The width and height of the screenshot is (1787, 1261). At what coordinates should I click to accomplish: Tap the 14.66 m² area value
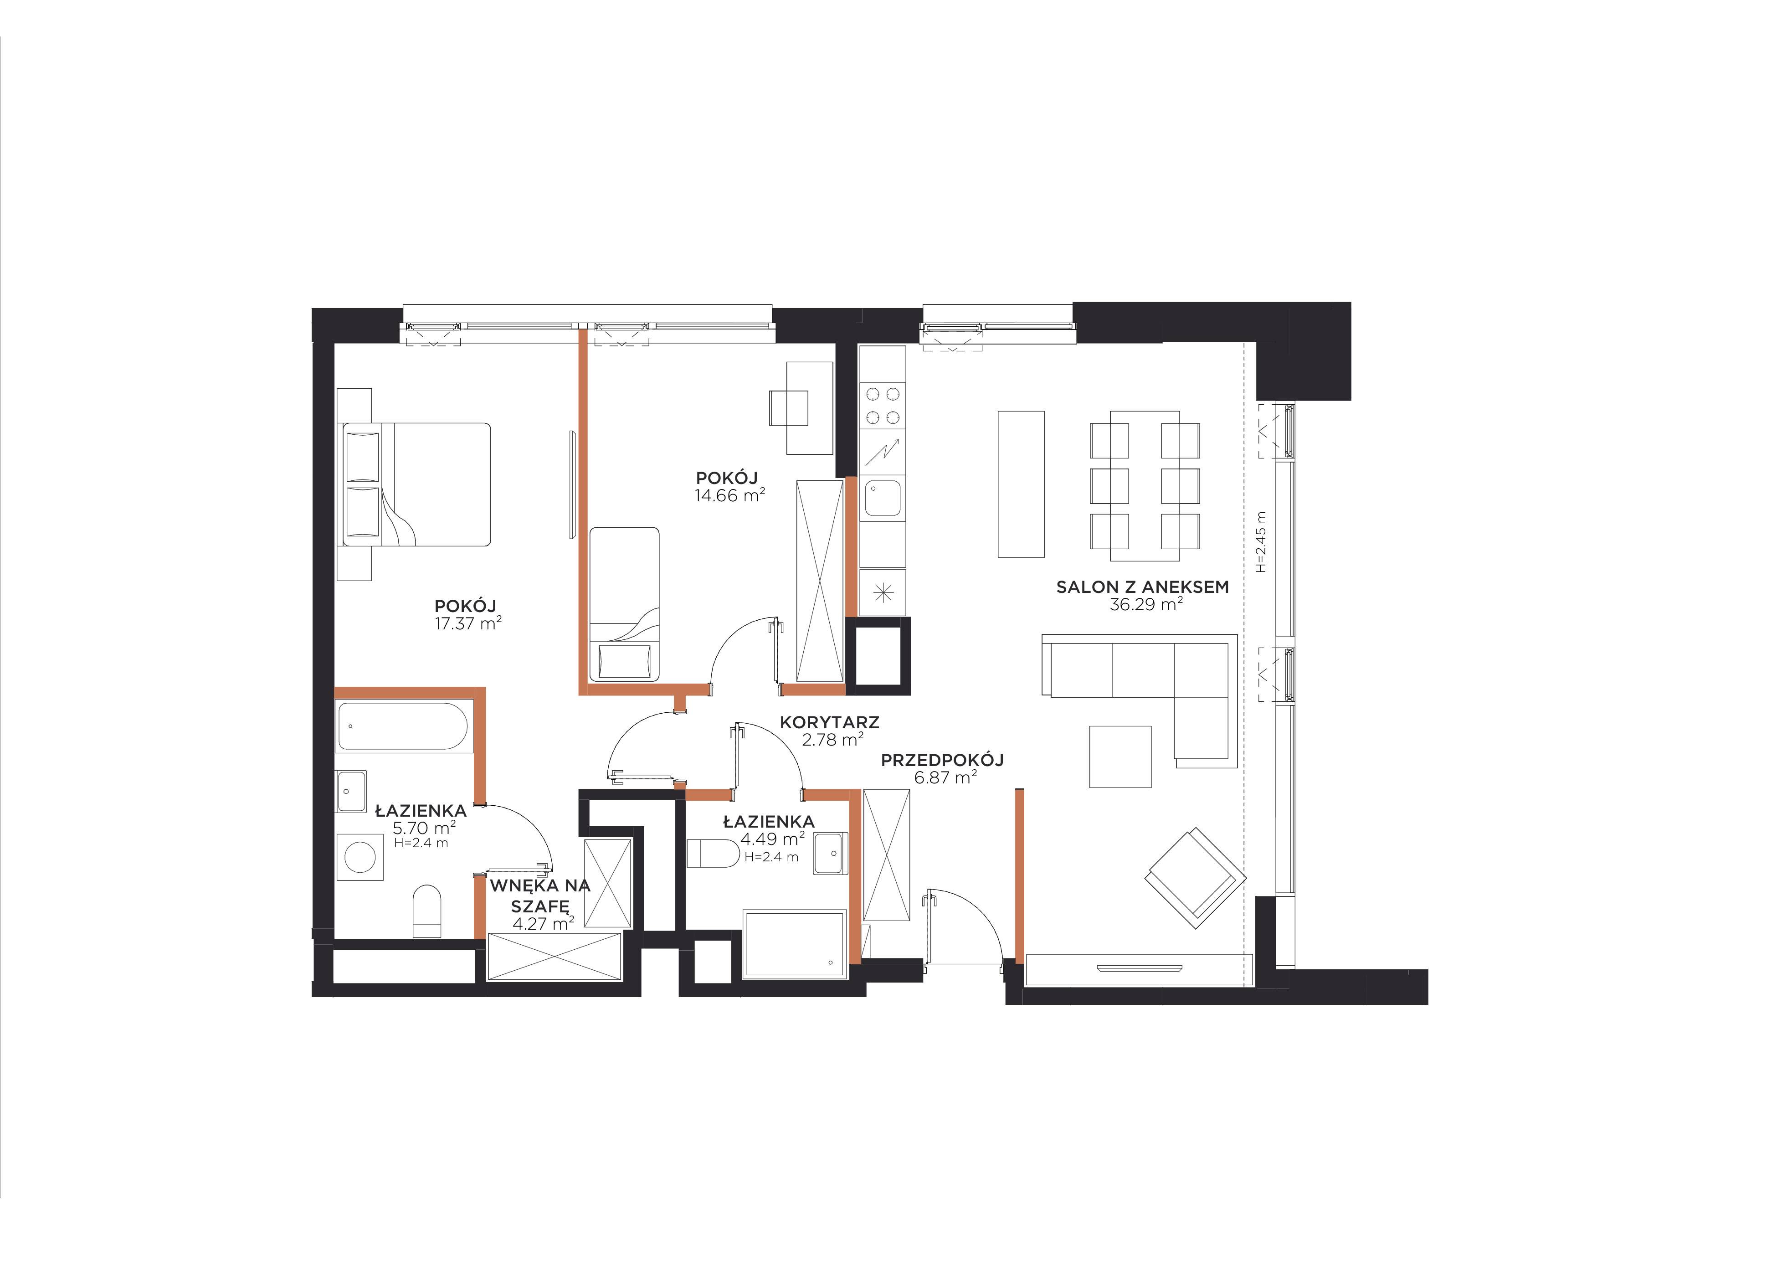pos(729,495)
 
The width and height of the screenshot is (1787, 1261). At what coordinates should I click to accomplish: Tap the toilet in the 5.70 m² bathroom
pos(426,911)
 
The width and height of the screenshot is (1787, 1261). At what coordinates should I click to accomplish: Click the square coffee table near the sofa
pos(1120,757)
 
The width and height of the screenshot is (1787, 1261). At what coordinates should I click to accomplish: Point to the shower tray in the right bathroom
pos(794,943)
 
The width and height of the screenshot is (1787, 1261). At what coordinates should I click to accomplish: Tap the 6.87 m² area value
pos(945,777)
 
